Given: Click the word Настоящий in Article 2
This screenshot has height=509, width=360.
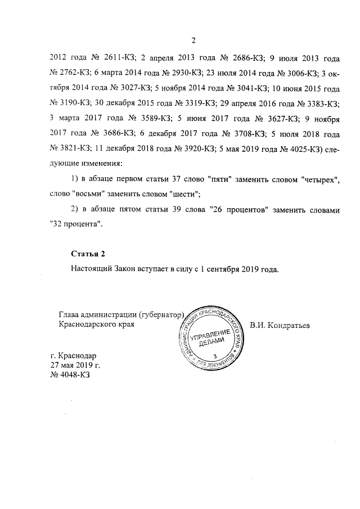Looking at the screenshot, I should pos(91,269).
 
